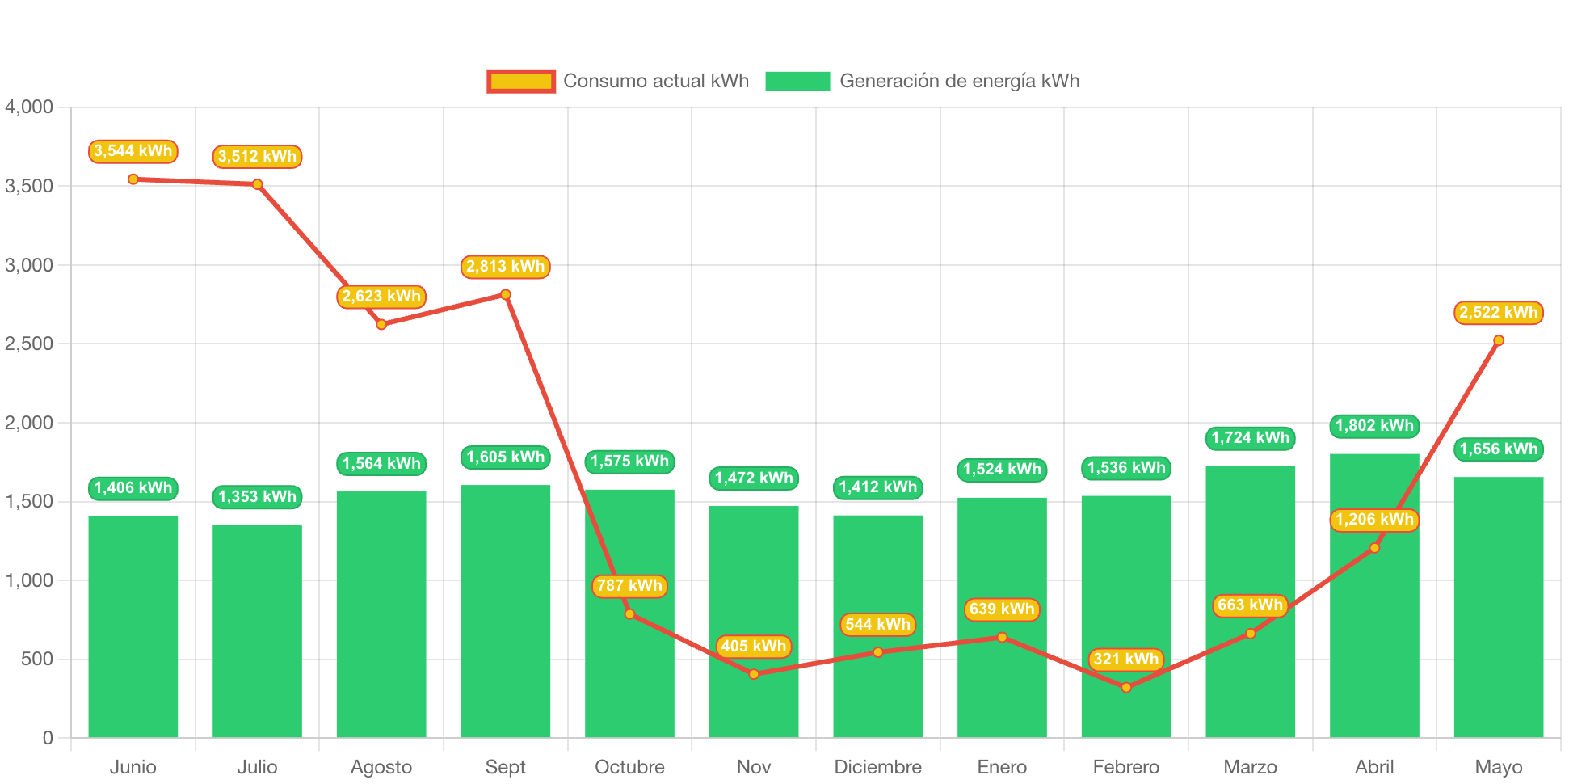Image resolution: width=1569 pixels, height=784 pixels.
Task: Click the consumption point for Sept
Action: coord(506,294)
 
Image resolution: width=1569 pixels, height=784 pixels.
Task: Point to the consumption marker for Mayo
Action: coord(1499,340)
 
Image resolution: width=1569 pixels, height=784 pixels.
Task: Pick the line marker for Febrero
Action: coord(1126,688)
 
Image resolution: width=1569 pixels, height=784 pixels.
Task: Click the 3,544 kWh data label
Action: coord(133,151)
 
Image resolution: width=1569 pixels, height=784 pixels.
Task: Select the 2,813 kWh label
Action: coord(506,267)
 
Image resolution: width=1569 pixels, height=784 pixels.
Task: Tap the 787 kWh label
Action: coord(629,586)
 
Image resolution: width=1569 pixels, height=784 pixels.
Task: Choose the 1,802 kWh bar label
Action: coord(1374,426)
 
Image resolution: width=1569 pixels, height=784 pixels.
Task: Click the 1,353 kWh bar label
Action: coord(258,497)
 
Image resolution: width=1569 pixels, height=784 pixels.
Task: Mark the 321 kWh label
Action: coord(1126,660)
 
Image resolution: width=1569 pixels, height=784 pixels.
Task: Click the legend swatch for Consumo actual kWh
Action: coord(521,81)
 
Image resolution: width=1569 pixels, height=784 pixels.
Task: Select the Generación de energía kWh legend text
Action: coord(959,81)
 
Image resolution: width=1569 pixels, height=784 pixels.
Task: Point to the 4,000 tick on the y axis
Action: coord(29,107)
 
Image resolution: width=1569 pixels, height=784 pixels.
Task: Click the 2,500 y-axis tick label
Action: coord(29,344)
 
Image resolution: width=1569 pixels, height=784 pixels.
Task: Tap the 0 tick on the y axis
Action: coord(48,738)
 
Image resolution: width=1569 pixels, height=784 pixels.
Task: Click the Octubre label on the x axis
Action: coord(629,767)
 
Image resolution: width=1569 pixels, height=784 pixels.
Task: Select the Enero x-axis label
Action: coord(1002,767)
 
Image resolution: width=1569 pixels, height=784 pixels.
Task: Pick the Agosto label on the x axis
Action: coord(381,767)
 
